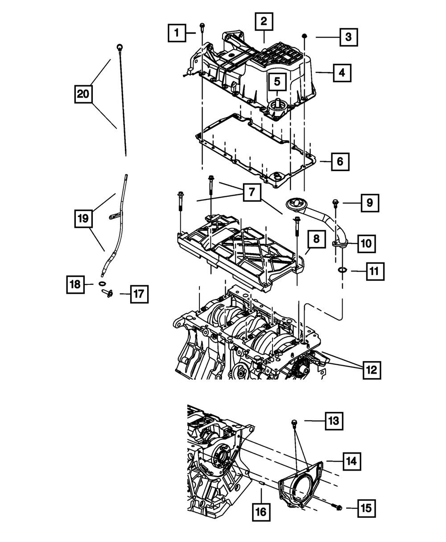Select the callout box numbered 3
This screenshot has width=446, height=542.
(348, 37)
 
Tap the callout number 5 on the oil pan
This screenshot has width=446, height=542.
(277, 81)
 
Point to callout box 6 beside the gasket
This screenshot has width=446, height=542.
(340, 161)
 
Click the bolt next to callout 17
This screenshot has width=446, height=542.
(107, 293)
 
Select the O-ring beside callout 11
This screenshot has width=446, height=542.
(343, 270)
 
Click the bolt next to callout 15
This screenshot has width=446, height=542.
(338, 507)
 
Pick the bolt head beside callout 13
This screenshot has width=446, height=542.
(294, 421)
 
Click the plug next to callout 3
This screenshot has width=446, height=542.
(305, 35)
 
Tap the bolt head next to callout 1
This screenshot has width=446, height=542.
(202, 25)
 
